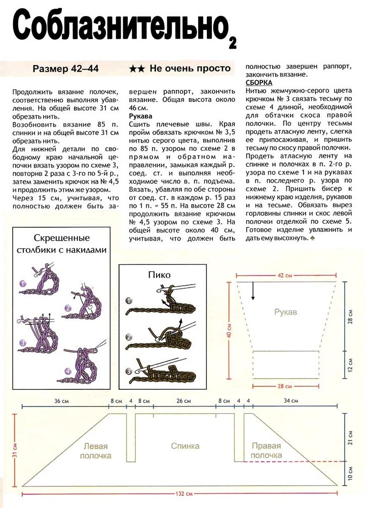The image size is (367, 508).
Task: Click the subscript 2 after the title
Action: (233, 43)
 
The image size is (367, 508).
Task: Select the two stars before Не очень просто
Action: (136, 69)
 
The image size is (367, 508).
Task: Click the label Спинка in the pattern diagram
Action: (185, 446)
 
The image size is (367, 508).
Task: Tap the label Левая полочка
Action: (95, 451)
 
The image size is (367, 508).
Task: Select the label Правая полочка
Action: (266, 451)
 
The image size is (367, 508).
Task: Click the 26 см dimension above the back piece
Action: (183, 401)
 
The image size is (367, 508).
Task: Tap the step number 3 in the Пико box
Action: (129, 371)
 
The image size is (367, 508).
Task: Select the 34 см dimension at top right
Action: (291, 401)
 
